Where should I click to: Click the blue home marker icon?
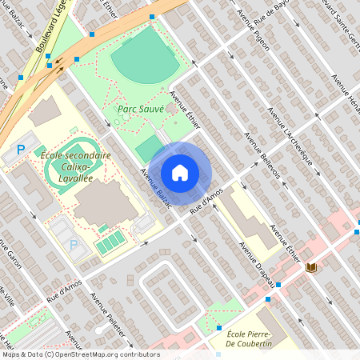(180, 173)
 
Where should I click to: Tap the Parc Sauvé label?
(141, 108)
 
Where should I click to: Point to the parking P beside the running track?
(22, 150)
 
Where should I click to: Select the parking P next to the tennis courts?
(74, 244)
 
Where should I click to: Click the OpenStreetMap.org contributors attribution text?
(108, 354)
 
